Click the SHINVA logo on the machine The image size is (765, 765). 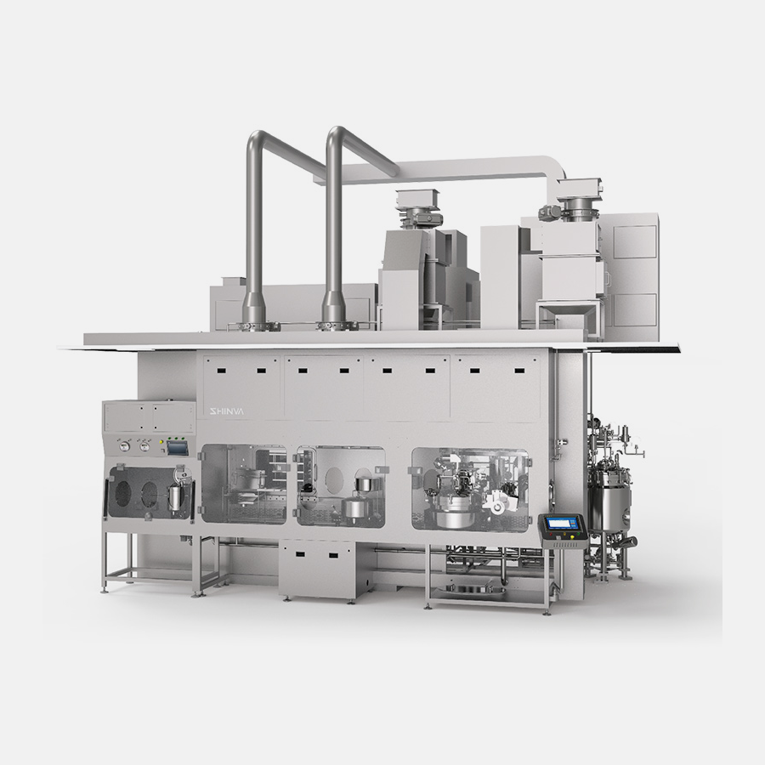point(226,412)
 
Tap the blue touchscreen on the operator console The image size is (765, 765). point(563,524)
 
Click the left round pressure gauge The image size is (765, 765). point(125,446)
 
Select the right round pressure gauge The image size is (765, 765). point(144,446)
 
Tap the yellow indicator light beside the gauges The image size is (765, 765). point(161,443)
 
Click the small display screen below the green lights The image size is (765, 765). point(178,447)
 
